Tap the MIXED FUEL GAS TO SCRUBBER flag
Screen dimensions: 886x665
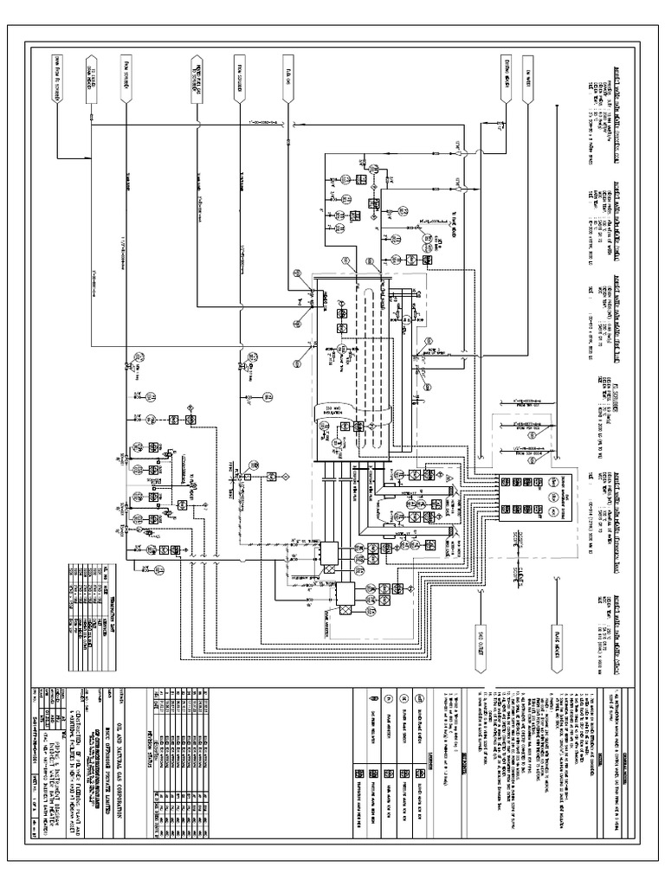coord(199,74)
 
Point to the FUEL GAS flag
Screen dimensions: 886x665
coord(287,74)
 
